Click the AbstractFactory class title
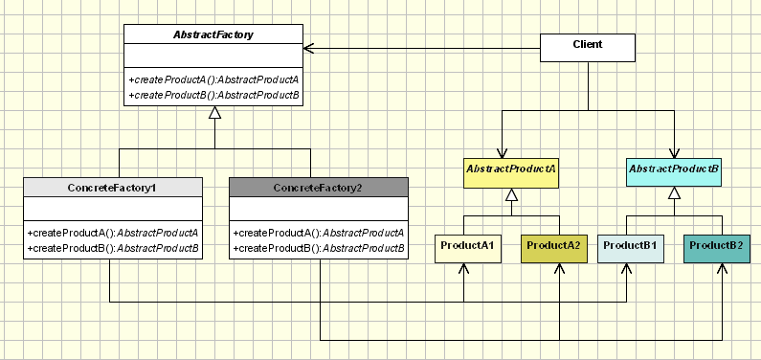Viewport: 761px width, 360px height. [213, 34]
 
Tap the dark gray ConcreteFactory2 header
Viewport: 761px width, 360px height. [319, 187]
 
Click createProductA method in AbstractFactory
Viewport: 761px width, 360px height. [213, 79]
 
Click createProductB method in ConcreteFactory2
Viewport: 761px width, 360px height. [318, 248]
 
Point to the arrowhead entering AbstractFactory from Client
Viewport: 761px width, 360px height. [309, 47]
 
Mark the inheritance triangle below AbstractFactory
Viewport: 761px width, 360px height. [215, 113]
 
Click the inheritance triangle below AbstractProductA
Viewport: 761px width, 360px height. [511, 195]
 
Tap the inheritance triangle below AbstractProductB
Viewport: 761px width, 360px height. [674, 195]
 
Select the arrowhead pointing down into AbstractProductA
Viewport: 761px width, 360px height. [502, 152]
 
